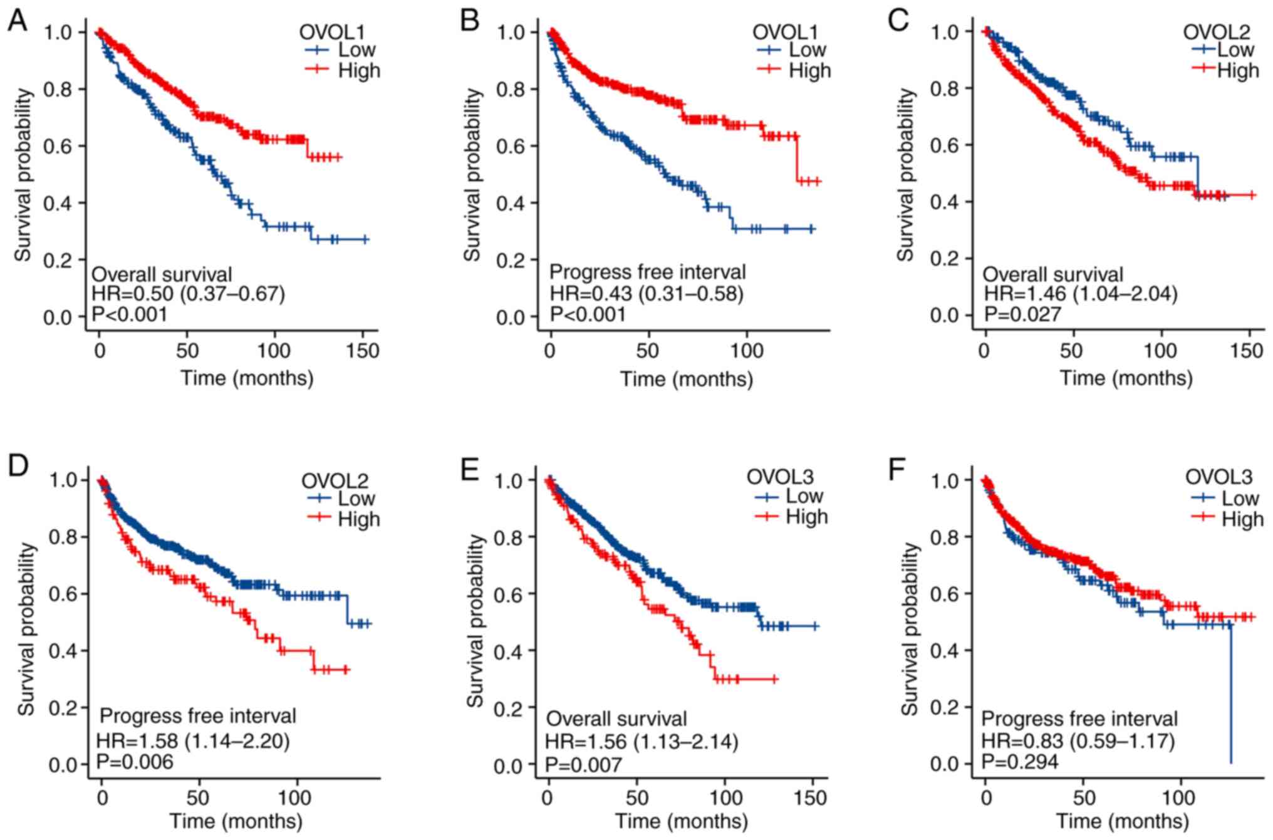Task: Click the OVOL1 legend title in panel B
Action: [x=785, y=32]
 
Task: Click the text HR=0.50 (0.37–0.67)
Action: [x=189, y=294]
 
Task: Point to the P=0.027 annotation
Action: [x=1022, y=313]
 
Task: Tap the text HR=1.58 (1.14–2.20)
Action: [x=193, y=742]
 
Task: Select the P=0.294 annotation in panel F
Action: [x=1019, y=762]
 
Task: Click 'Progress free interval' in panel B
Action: [x=648, y=272]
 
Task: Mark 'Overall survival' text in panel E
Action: [x=616, y=718]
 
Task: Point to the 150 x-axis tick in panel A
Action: [x=363, y=350]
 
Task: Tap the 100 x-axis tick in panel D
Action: [x=294, y=798]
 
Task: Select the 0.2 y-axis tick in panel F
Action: [x=944, y=707]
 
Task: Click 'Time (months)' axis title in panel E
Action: [x=681, y=821]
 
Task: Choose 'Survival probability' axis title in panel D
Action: [x=26, y=629]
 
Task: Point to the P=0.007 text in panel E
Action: [x=583, y=764]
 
